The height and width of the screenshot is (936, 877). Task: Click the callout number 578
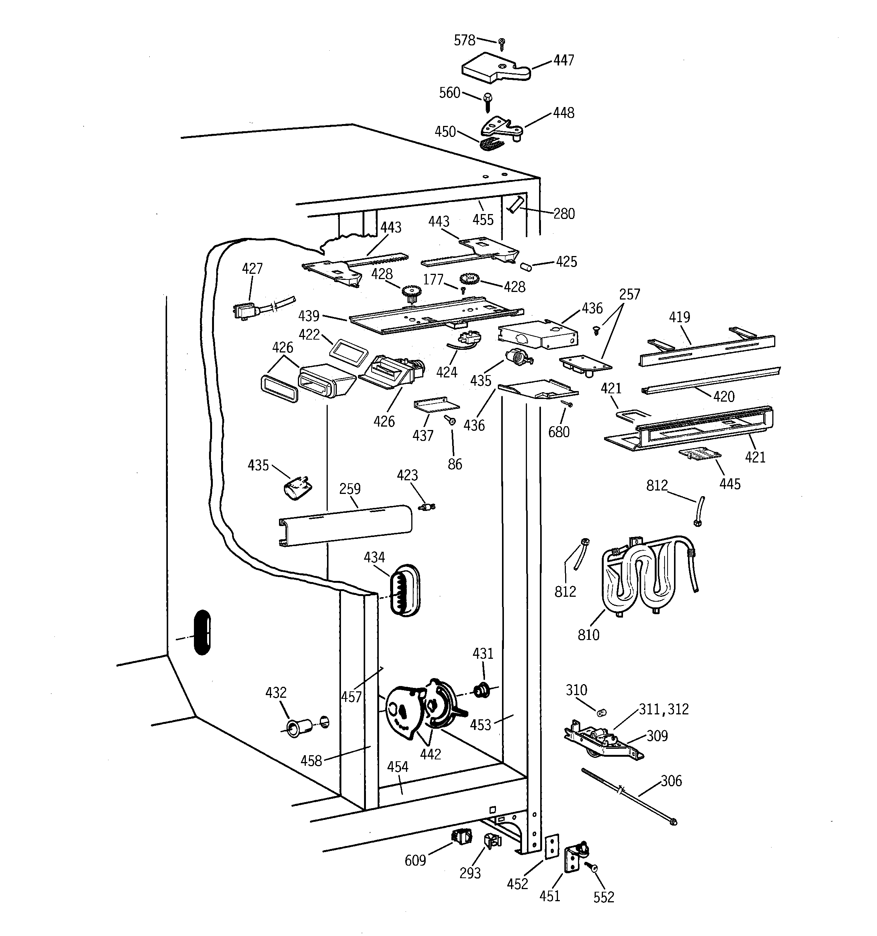(x=464, y=41)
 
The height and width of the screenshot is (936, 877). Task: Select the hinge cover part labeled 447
(x=494, y=71)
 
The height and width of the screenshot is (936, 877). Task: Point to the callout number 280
(x=564, y=214)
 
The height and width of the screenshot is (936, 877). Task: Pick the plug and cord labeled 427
(x=246, y=311)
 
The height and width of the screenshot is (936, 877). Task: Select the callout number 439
(x=308, y=315)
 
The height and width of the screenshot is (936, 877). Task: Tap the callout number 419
(x=679, y=317)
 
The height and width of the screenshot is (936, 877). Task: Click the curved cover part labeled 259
(x=346, y=525)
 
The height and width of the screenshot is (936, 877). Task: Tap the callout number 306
(x=671, y=781)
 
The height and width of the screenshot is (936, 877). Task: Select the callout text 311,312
(x=663, y=709)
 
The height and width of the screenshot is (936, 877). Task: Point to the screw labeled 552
(x=593, y=865)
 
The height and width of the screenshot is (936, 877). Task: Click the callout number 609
(x=415, y=860)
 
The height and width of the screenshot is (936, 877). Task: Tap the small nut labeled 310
(x=601, y=713)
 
